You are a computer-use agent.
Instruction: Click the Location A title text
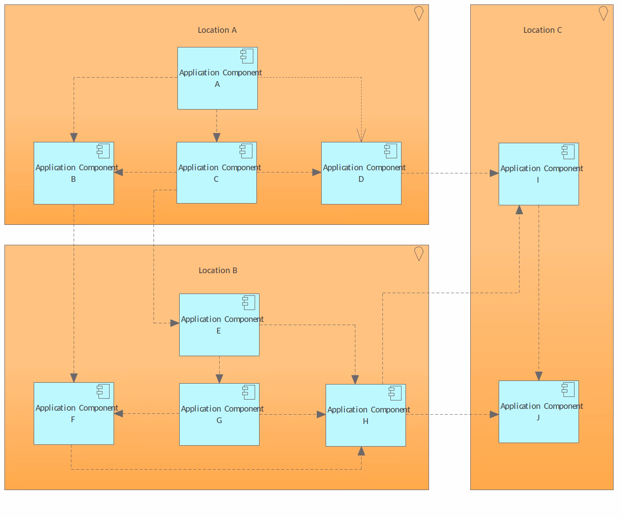[217, 30]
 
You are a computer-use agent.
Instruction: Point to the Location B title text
[218, 271]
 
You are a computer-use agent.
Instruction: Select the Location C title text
[542, 30]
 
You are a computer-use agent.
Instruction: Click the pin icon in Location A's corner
[418, 13]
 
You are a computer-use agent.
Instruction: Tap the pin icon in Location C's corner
[603, 13]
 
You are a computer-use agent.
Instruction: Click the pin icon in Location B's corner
[418, 254]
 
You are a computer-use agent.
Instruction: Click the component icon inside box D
[390, 151]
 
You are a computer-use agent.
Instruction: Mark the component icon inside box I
[568, 152]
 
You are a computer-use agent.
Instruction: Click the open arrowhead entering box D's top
[361, 136]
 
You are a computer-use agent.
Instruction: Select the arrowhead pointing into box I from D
[494, 173]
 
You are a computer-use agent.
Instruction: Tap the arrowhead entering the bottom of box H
[361, 451]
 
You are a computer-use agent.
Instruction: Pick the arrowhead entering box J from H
[494, 415]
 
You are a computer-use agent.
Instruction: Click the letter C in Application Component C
[216, 179]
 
